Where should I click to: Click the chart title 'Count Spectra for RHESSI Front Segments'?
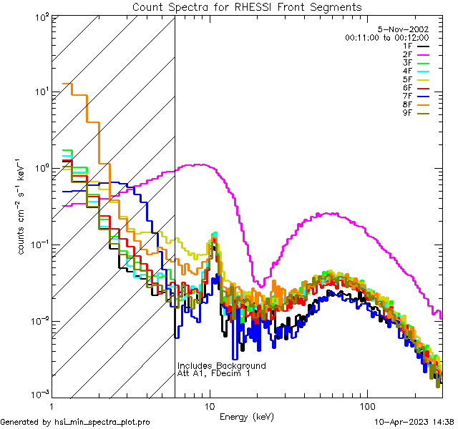[x=247, y=6]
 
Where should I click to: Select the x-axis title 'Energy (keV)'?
[x=247, y=416]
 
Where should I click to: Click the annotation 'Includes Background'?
[x=221, y=365]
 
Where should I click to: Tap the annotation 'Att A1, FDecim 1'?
[x=214, y=373]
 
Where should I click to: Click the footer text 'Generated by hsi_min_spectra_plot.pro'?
[x=75, y=422]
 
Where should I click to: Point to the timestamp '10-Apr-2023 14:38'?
[x=414, y=422]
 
